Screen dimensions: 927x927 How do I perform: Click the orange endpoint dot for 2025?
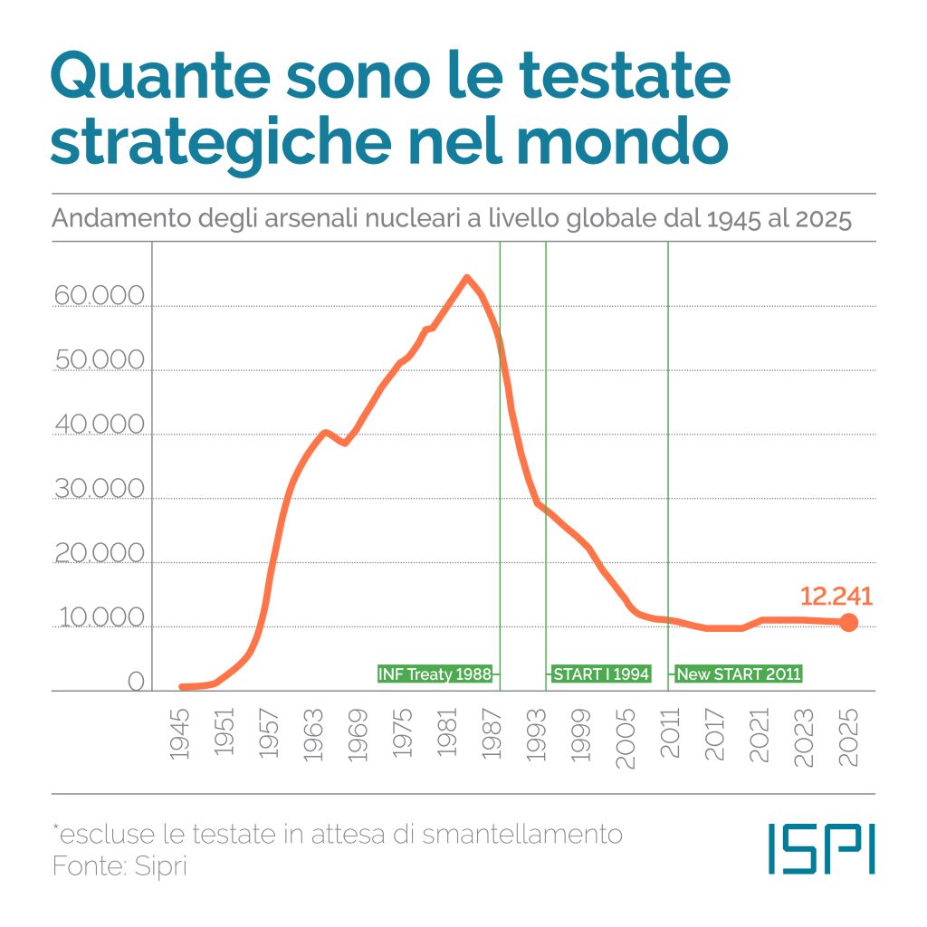848,622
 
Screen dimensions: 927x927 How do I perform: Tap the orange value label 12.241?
836,596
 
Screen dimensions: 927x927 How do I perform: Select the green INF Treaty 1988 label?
435,674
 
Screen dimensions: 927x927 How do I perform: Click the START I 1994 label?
601,674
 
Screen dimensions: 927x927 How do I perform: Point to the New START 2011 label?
739,674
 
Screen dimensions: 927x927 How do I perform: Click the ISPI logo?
821,848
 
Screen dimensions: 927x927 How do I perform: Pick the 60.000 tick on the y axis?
100,296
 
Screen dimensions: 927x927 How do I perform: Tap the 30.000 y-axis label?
100,489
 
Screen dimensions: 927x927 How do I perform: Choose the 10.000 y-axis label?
100,617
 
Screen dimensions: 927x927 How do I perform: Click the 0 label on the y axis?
135,682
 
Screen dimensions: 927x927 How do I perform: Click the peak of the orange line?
466,277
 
